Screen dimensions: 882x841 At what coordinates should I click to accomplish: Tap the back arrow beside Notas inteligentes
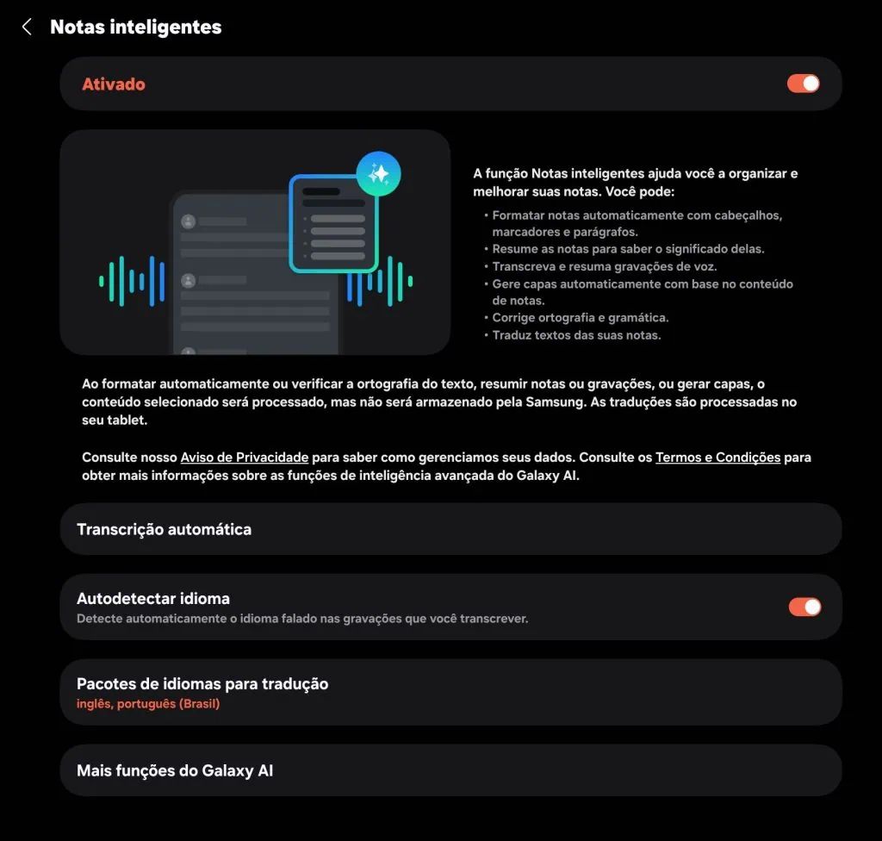click(x=27, y=27)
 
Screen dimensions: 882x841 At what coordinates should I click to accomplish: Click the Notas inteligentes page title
click(x=135, y=27)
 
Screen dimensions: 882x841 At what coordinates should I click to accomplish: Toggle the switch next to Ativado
click(x=803, y=84)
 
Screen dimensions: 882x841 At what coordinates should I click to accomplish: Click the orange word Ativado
click(x=114, y=84)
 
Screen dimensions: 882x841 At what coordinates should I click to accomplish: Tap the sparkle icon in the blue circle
click(x=379, y=173)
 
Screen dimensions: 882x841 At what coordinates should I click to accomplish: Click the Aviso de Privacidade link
click(x=244, y=457)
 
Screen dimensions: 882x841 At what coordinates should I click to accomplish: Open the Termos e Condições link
click(x=717, y=457)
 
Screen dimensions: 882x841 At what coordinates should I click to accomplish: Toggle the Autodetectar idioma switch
click(x=804, y=607)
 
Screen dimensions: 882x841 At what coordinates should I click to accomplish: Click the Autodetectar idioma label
click(x=153, y=598)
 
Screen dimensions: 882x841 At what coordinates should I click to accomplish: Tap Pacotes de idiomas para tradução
click(x=202, y=684)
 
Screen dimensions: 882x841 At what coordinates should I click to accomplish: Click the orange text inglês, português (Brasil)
click(x=148, y=704)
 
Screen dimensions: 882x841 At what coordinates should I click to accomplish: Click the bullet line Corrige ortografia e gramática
click(x=580, y=317)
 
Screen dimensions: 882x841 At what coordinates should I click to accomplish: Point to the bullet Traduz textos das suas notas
click(x=576, y=335)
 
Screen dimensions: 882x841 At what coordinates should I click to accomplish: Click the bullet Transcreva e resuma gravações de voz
click(x=604, y=266)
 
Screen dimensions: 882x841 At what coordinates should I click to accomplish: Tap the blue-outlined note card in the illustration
click(x=333, y=225)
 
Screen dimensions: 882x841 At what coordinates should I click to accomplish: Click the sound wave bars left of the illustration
click(x=132, y=281)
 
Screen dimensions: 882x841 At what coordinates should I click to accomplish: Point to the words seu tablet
click(x=115, y=420)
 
